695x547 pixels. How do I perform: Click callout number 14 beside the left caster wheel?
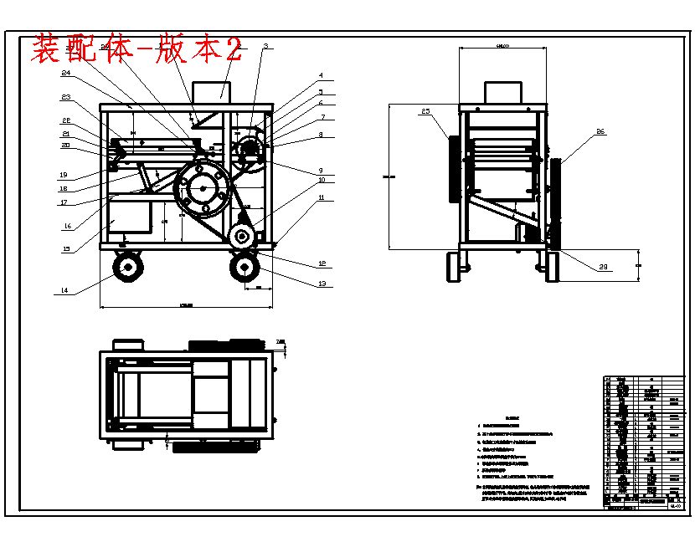[x=63, y=290]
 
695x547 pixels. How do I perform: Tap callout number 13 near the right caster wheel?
[x=321, y=284]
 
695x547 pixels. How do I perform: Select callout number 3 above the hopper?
[x=265, y=46]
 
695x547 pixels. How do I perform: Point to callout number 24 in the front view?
[x=65, y=74]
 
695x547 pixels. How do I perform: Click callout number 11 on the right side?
[x=321, y=197]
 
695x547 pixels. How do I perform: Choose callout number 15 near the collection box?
[x=66, y=248]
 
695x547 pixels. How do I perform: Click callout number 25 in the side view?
[x=425, y=111]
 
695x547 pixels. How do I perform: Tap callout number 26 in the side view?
[x=600, y=131]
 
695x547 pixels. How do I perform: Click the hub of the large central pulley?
[x=203, y=189]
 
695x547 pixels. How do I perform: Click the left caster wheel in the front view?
[x=128, y=267]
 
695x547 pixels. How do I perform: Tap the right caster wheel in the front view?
[x=245, y=267]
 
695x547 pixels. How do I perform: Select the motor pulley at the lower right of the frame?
[x=243, y=237]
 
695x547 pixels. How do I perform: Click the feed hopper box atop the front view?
[x=212, y=92]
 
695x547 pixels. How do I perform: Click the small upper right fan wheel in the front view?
[x=249, y=151]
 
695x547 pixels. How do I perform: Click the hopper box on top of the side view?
[x=503, y=93]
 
